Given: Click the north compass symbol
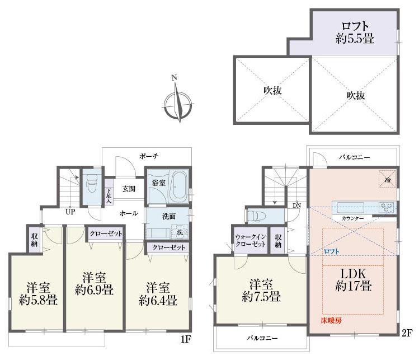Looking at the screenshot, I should point(178,102).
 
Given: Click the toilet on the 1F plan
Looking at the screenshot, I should point(91,183).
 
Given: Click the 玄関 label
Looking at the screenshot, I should point(129,189).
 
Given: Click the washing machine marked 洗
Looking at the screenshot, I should point(180,232).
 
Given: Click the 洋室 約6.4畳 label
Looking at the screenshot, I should point(158,294).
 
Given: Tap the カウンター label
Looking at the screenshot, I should point(353,218).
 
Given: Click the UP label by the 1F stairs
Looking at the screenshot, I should point(70,212).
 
